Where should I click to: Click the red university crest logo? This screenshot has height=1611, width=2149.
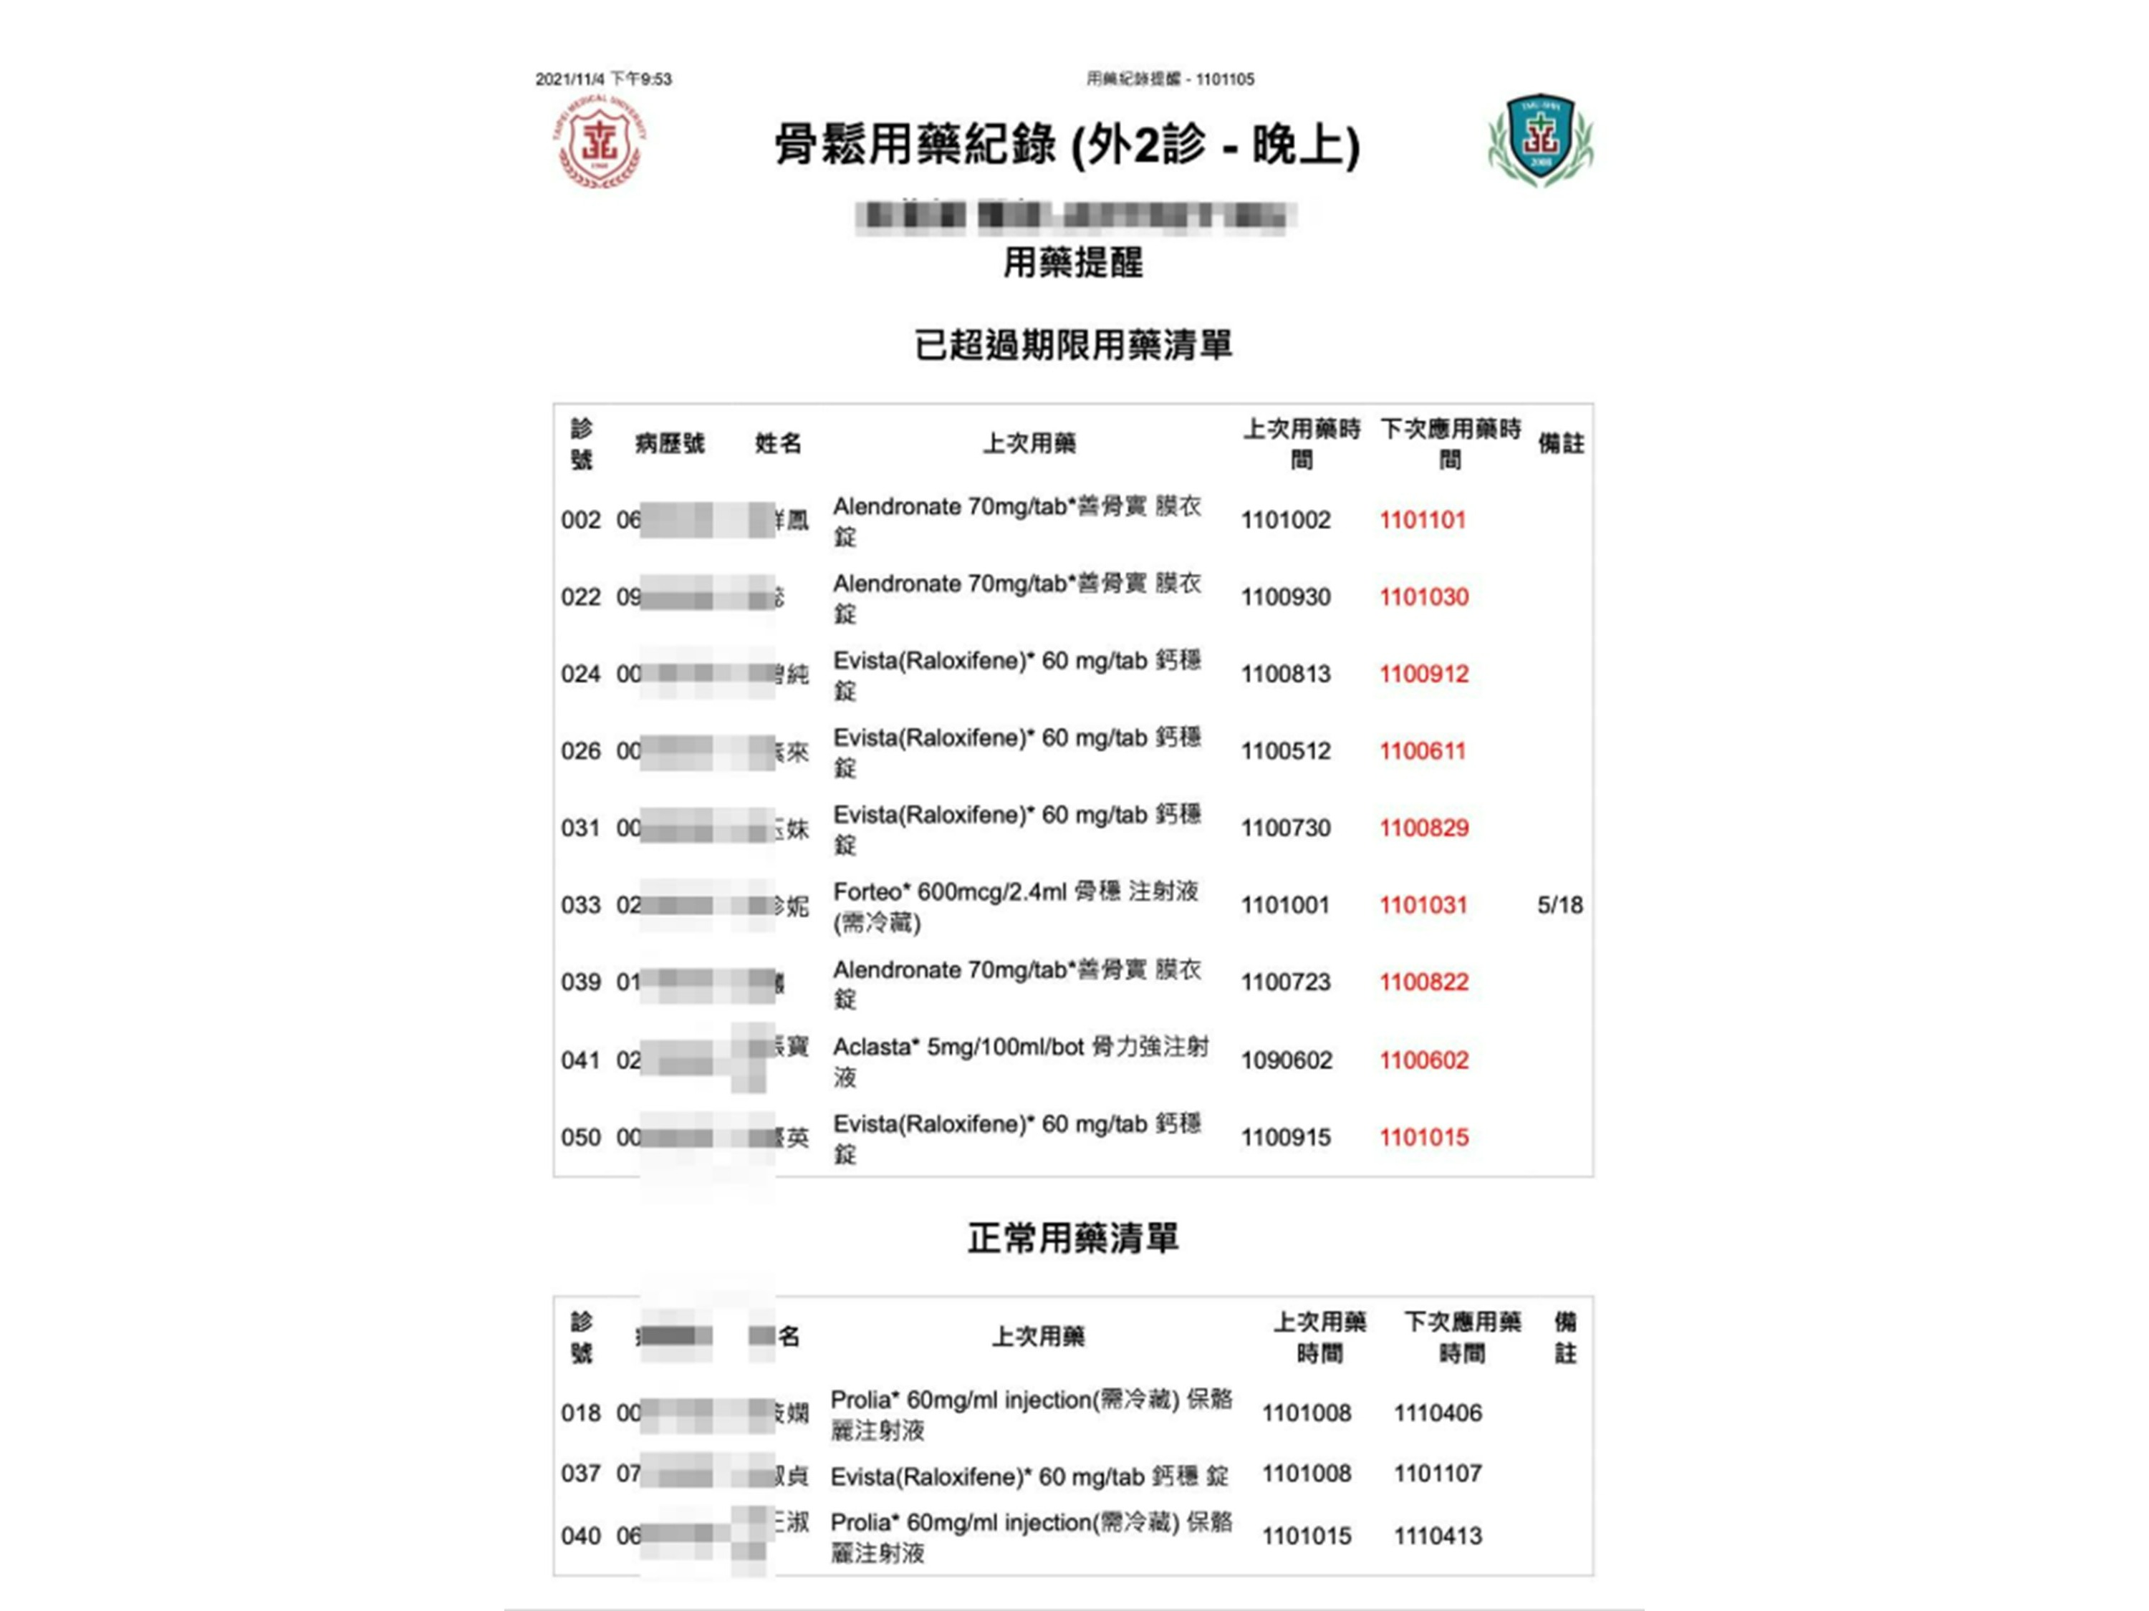coord(600,142)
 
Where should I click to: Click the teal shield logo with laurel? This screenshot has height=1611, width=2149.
coord(1540,140)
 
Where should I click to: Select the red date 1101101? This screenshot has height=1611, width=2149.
coord(1423,520)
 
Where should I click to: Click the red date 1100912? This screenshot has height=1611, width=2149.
coord(1423,674)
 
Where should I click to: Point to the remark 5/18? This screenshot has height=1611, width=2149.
coord(1559,905)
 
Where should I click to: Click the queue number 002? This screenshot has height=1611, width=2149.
coord(580,521)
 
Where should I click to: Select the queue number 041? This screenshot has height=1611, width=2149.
coord(580,1060)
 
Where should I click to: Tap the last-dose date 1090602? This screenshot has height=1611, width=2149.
coord(1285,1060)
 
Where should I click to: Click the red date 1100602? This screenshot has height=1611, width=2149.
coord(1423,1060)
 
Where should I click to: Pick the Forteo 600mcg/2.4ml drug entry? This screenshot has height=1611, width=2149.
coord(1015,906)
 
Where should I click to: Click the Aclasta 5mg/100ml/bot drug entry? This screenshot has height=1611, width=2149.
coord(1020,1060)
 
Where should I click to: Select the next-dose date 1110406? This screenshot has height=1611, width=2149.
coord(1438,1413)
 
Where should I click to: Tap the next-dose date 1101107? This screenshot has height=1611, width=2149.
coord(1438,1474)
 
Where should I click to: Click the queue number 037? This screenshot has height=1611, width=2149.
coord(580,1474)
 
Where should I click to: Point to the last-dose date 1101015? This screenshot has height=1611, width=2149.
coord(1306,1537)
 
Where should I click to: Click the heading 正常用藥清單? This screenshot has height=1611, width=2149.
coord(1072,1238)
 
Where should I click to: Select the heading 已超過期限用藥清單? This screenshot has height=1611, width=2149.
coord(1072,344)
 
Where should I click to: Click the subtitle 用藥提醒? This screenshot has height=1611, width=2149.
coord(1072,262)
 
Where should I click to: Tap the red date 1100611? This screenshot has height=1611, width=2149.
coord(1423,750)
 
